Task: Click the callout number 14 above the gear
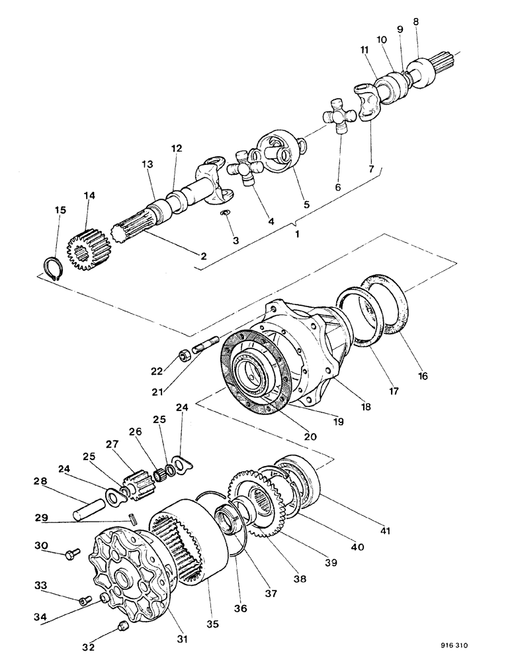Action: pyautogui.click(x=89, y=196)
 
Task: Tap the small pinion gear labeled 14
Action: pyautogui.click(x=84, y=248)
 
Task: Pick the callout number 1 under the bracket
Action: pyautogui.click(x=298, y=234)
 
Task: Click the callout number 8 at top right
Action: pyautogui.click(x=415, y=21)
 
